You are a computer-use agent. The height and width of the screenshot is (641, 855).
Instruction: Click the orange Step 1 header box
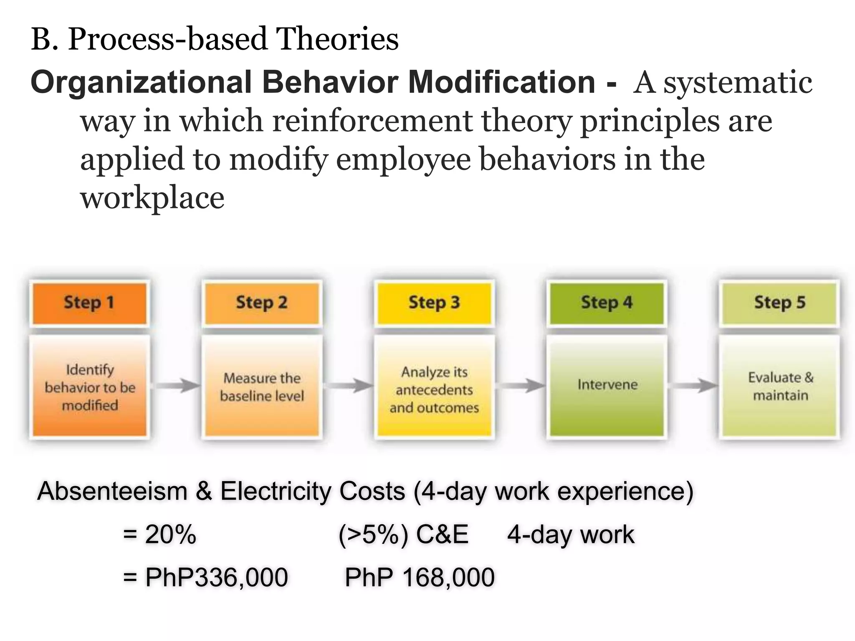(89, 303)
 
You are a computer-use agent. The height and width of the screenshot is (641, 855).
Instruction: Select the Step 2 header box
(262, 303)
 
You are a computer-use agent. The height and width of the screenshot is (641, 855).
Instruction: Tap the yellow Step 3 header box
(434, 303)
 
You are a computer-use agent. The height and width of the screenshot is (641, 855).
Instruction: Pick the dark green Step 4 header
(607, 303)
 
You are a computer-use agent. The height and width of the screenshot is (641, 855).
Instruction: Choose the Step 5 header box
(779, 303)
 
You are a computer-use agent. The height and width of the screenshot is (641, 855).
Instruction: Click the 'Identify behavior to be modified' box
(90, 387)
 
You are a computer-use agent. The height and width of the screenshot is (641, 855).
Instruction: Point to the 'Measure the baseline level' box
(262, 387)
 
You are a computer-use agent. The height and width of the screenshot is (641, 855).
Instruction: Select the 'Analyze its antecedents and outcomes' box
(434, 389)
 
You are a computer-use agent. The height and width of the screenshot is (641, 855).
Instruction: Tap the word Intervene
(607, 384)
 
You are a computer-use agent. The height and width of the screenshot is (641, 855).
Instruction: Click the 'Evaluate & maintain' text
(780, 386)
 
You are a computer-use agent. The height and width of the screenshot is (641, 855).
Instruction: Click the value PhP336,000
(216, 578)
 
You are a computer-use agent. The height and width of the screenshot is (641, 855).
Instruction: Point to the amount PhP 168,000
(420, 578)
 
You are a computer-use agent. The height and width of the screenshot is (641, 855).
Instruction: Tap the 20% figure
(170, 534)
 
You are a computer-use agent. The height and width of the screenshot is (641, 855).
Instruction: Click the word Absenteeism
(112, 491)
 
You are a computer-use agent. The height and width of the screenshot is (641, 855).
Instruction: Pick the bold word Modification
(501, 82)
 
